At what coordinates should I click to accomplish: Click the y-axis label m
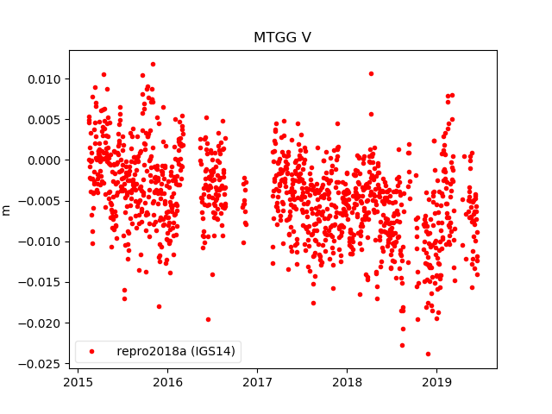7,210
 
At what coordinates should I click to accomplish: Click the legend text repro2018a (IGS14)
178,351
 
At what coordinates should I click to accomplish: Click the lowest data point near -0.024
428,354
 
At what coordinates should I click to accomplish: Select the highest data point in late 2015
153,64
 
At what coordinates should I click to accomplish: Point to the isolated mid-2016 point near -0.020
208,319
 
